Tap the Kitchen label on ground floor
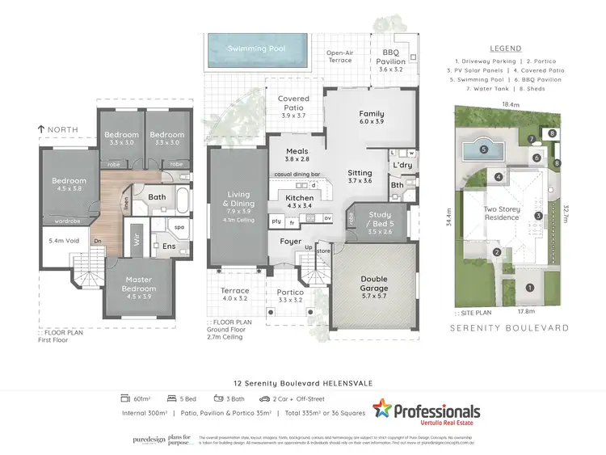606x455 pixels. [299, 198]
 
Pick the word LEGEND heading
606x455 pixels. [506, 48]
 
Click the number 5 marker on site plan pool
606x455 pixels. [484, 149]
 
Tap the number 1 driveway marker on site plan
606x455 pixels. [530, 287]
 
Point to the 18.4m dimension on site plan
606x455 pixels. [511, 105]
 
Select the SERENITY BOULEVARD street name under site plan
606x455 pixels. [509, 328]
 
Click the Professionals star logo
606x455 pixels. [382, 410]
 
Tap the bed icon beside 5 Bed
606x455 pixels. [171, 398]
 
